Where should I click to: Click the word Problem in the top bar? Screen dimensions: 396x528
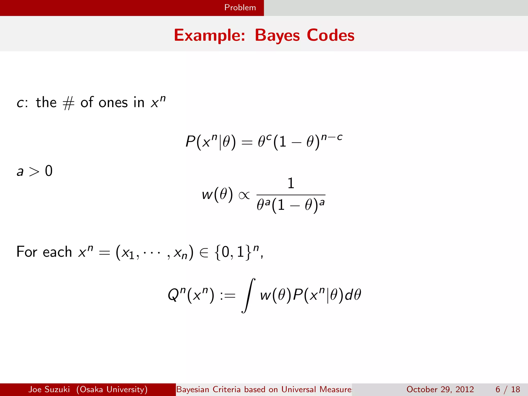point(240,7)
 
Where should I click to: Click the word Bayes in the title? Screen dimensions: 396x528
point(277,35)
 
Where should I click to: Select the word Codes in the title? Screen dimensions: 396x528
point(331,35)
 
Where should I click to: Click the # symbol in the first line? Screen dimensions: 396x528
point(69,103)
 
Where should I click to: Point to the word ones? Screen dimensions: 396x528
point(113,103)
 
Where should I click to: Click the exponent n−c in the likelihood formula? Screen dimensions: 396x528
point(332,137)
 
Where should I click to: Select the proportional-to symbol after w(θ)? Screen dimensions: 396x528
point(244,195)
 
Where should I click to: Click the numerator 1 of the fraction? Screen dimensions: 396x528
point(291,183)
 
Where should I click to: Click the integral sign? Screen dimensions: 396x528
point(248,295)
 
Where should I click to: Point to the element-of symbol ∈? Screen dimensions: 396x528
point(204,252)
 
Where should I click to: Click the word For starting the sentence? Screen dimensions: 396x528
point(27,252)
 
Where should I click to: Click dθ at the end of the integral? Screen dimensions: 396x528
point(353,295)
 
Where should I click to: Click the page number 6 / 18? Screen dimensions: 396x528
point(508,389)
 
